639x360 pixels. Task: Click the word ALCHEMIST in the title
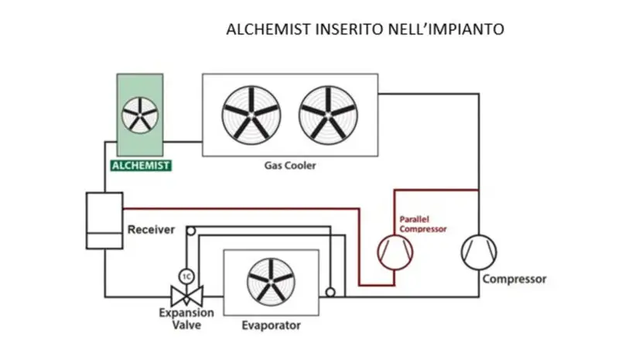[263, 29]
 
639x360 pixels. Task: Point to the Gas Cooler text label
[285, 166]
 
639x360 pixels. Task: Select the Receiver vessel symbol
[104, 220]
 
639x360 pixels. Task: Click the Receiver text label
[151, 230]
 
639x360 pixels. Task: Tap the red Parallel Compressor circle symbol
[395, 252]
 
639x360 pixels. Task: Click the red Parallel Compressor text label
[422, 225]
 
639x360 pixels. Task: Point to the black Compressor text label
[514, 279]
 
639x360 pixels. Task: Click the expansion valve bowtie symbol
[186, 296]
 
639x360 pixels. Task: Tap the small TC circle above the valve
[186, 275]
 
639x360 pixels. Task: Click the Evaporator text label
[271, 325]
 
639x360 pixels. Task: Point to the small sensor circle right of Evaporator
[330, 293]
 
